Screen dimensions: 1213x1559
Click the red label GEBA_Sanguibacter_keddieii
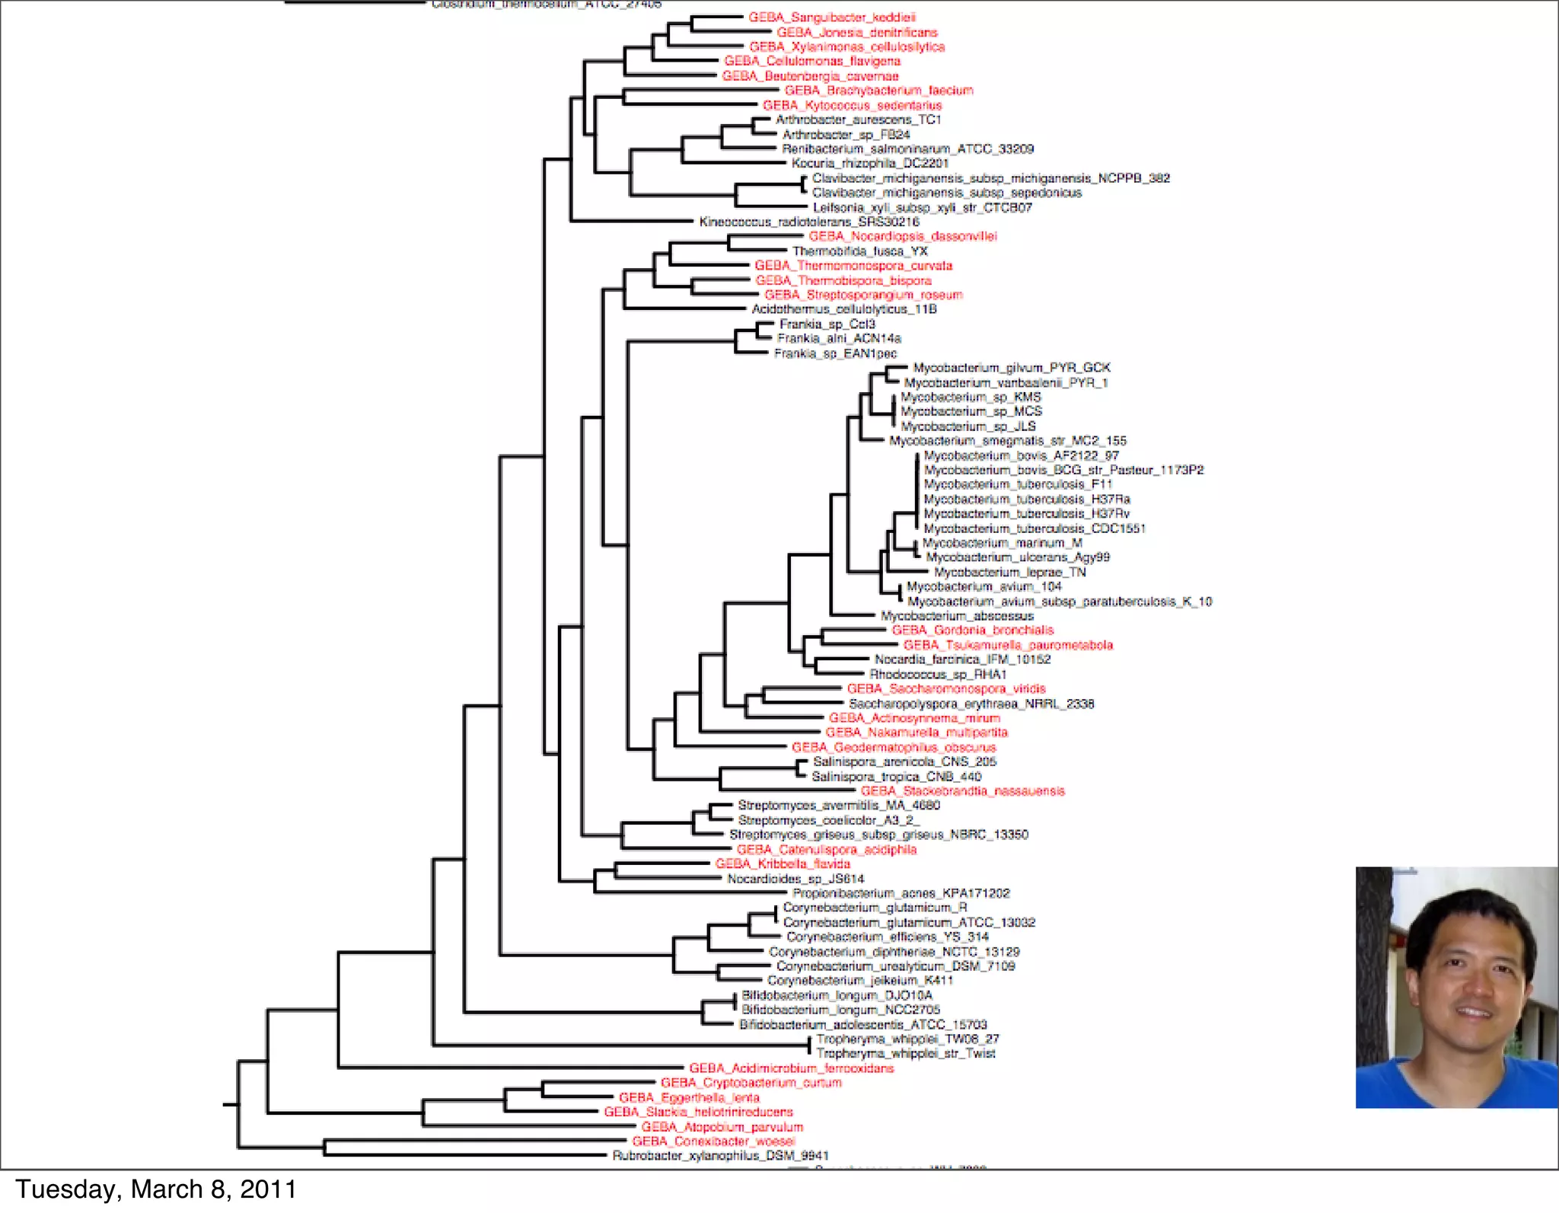832,17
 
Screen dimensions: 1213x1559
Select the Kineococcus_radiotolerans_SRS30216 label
809,222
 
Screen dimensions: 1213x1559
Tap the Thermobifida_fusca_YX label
860,251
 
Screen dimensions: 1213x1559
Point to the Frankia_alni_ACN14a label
839,338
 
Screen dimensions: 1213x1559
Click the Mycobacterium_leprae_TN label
1009,572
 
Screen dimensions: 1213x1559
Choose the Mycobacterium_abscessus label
957,616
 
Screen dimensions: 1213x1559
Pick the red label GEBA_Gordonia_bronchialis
972,630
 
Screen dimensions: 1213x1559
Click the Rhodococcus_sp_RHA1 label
938,675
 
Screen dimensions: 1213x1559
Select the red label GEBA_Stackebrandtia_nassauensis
962,791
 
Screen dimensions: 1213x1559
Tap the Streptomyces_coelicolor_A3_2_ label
828,820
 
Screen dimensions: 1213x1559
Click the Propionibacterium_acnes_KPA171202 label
901,893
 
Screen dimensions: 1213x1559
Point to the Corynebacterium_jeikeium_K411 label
859,981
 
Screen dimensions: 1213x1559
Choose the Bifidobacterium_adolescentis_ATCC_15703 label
862,1025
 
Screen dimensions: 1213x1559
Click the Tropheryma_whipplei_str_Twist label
906,1054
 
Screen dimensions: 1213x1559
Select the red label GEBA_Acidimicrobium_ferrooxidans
791,1068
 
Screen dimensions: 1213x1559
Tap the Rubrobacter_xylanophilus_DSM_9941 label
720,1156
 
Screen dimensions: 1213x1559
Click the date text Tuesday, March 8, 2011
156,1189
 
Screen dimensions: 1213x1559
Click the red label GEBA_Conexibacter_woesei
713,1141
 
